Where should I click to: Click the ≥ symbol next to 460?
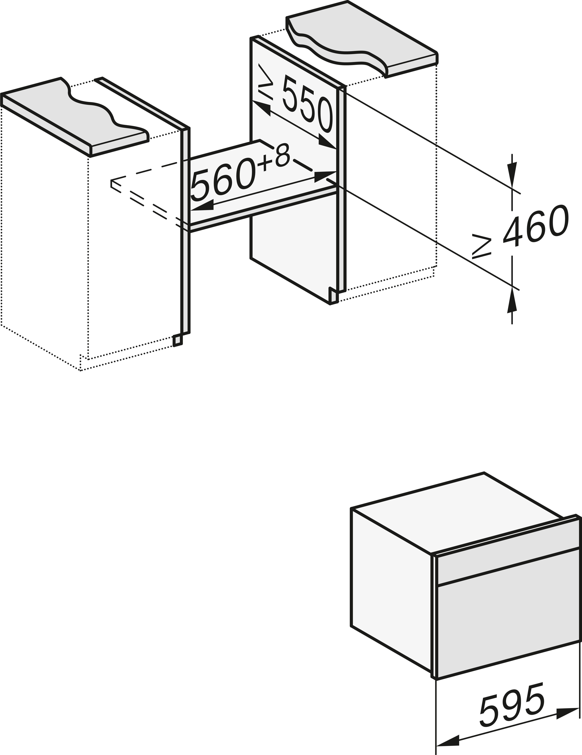click(481, 246)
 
